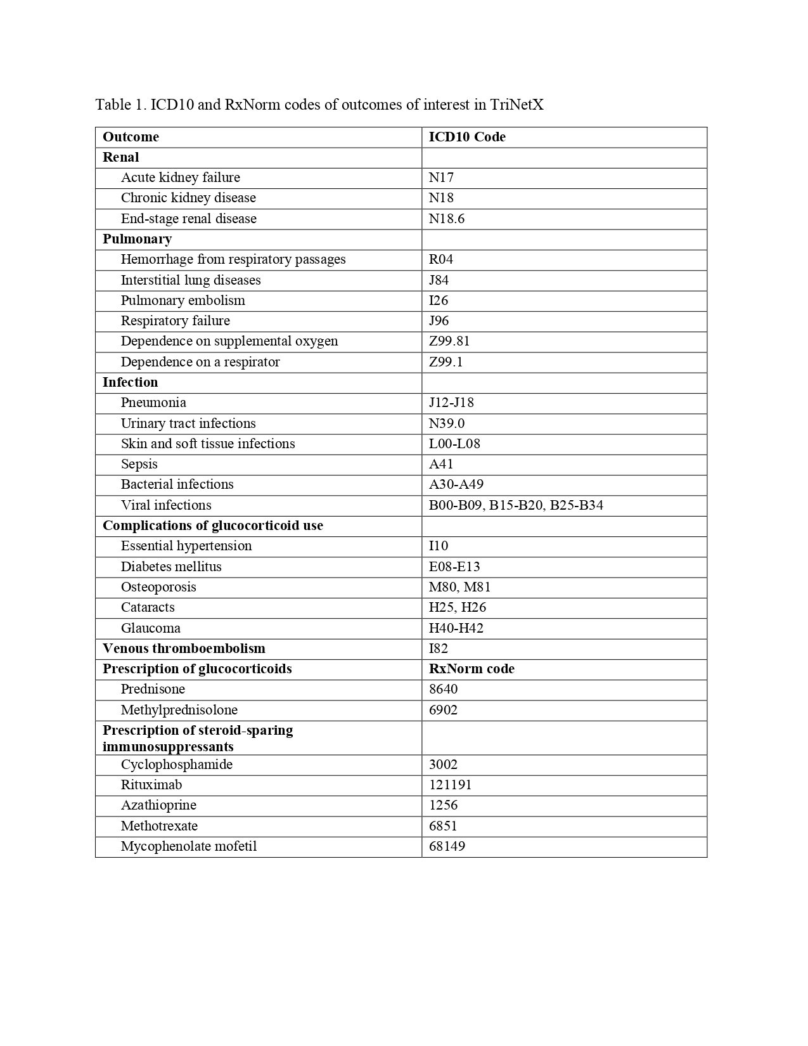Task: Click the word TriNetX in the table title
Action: (x=516, y=105)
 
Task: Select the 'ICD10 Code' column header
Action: (x=467, y=137)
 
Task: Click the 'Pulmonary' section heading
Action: (x=137, y=239)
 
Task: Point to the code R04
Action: (x=441, y=259)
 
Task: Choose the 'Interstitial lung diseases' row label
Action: (x=191, y=280)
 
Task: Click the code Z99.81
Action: (x=449, y=341)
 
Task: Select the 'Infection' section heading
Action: (x=130, y=382)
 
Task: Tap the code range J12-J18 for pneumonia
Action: (x=451, y=403)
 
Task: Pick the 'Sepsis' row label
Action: (x=139, y=464)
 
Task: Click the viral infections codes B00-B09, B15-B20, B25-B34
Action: (x=516, y=505)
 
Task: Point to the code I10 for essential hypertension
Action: (x=439, y=546)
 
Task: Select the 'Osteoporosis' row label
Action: (x=158, y=587)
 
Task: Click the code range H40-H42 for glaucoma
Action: (x=456, y=628)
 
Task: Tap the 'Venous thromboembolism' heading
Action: (x=184, y=649)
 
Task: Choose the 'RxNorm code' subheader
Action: (x=471, y=669)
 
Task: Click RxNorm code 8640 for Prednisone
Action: (x=443, y=689)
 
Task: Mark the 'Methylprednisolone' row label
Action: (x=179, y=710)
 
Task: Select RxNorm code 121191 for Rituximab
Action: (x=450, y=785)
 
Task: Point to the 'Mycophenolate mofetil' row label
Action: (x=189, y=846)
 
